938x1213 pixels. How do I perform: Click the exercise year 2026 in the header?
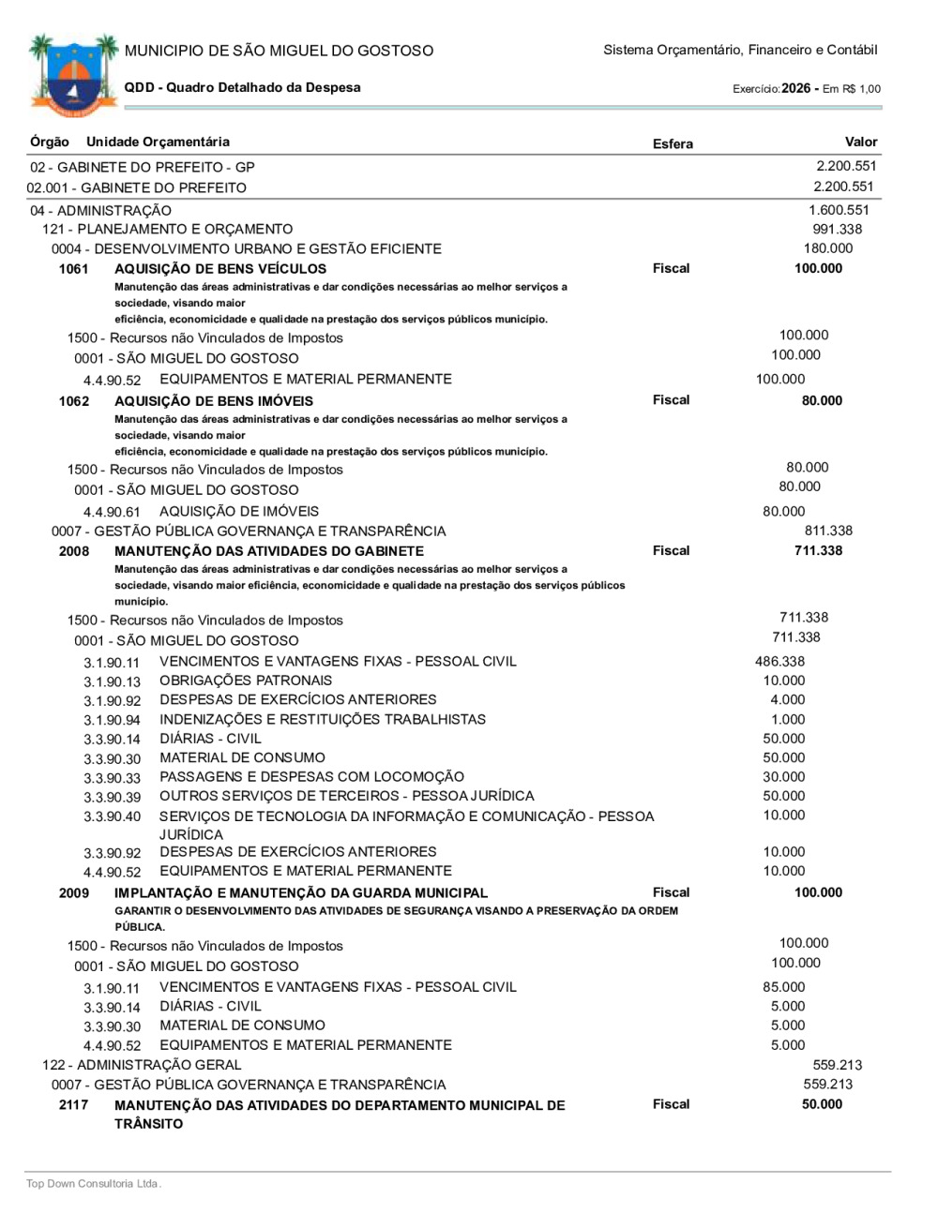coord(795,88)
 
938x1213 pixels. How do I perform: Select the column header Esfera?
coord(673,143)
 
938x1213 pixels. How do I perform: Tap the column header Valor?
coord(860,142)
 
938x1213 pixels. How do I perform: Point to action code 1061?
coord(74,269)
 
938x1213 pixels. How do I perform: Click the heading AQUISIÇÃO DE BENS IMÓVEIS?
coord(214,401)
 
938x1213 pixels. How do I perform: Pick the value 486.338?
coord(779,662)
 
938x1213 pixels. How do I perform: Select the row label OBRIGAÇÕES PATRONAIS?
coord(246,681)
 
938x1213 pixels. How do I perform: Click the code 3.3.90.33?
coord(112,778)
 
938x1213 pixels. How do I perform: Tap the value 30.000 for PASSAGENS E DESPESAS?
coord(783,777)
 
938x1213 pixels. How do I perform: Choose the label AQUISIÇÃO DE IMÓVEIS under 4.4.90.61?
coord(239,512)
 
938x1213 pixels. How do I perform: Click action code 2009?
coord(74,893)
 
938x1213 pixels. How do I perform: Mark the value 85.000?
coord(783,987)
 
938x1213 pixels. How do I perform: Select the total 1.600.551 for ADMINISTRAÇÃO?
coord(839,210)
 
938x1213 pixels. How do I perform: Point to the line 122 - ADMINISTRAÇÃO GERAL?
coord(142,1065)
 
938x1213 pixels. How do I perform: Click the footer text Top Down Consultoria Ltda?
coord(94,1184)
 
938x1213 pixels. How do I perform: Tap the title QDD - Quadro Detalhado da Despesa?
coord(242,87)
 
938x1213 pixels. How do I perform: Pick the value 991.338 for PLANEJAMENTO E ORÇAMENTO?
coord(837,229)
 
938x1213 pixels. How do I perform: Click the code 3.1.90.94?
coord(112,721)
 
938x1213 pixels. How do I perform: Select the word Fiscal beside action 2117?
coord(671,1104)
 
